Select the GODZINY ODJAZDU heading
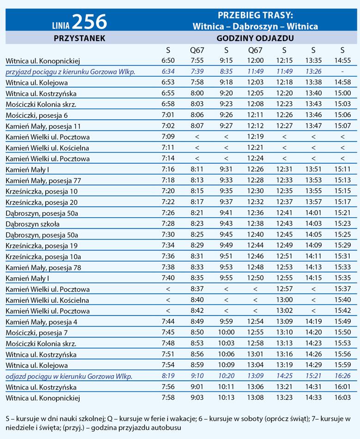click(x=256, y=38)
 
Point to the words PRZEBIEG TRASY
click(x=255, y=15)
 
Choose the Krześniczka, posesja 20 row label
click(x=42, y=202)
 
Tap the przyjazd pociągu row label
click(x=69, y=72)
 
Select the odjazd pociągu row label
click(x=69, y=377)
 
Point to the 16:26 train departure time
click(x=342, y=376)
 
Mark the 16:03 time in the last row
click(x=342, y=397)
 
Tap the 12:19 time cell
click(x=256, y=137)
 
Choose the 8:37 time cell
click(x=197, y=289)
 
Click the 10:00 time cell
click(x=226, y=333)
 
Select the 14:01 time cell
click(x=313, y=213)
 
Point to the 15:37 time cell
click(x=342, y=289)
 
